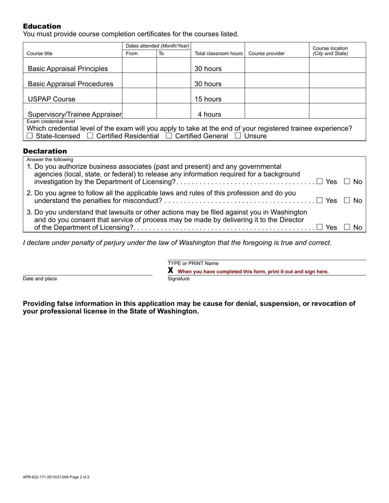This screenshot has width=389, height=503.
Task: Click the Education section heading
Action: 42,26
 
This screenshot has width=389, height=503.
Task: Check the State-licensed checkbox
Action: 29,136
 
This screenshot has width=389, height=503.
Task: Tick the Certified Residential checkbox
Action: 90,136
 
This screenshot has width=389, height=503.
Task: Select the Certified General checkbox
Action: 169,136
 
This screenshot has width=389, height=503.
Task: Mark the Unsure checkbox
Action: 238,136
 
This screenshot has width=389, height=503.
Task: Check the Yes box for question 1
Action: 319,181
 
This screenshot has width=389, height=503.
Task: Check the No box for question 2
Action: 347,200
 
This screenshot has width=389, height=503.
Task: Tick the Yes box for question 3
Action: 319,227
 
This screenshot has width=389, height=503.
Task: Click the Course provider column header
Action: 266,54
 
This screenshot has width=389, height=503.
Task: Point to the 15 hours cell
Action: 208,99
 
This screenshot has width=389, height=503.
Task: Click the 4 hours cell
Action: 209,115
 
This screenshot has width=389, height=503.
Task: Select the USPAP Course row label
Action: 52,99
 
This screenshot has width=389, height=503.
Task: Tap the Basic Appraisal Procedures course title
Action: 70,84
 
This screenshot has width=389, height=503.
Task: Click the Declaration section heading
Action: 45,151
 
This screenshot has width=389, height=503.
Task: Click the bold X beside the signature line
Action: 170,271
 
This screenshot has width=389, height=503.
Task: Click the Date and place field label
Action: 40,279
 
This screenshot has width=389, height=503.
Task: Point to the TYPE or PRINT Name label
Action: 193,263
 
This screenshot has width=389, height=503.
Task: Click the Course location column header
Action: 330,51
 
